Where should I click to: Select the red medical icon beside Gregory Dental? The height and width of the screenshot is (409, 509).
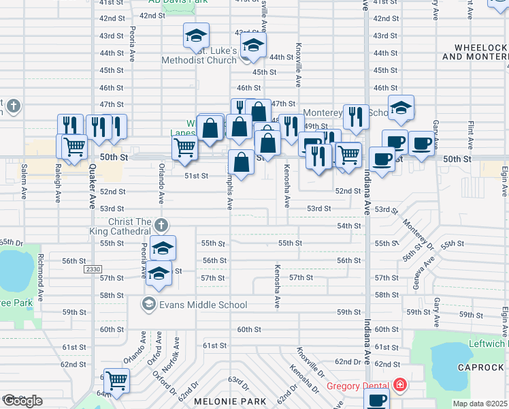click(399, 386)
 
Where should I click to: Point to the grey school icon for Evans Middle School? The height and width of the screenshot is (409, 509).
click(147, 303)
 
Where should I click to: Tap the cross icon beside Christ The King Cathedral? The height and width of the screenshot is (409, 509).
click(161, 224)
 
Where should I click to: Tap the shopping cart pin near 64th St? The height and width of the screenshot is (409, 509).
click(116, 380)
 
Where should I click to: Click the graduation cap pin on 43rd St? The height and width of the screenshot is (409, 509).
click(196, 35)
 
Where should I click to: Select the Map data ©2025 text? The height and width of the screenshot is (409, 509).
click(480, 404)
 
